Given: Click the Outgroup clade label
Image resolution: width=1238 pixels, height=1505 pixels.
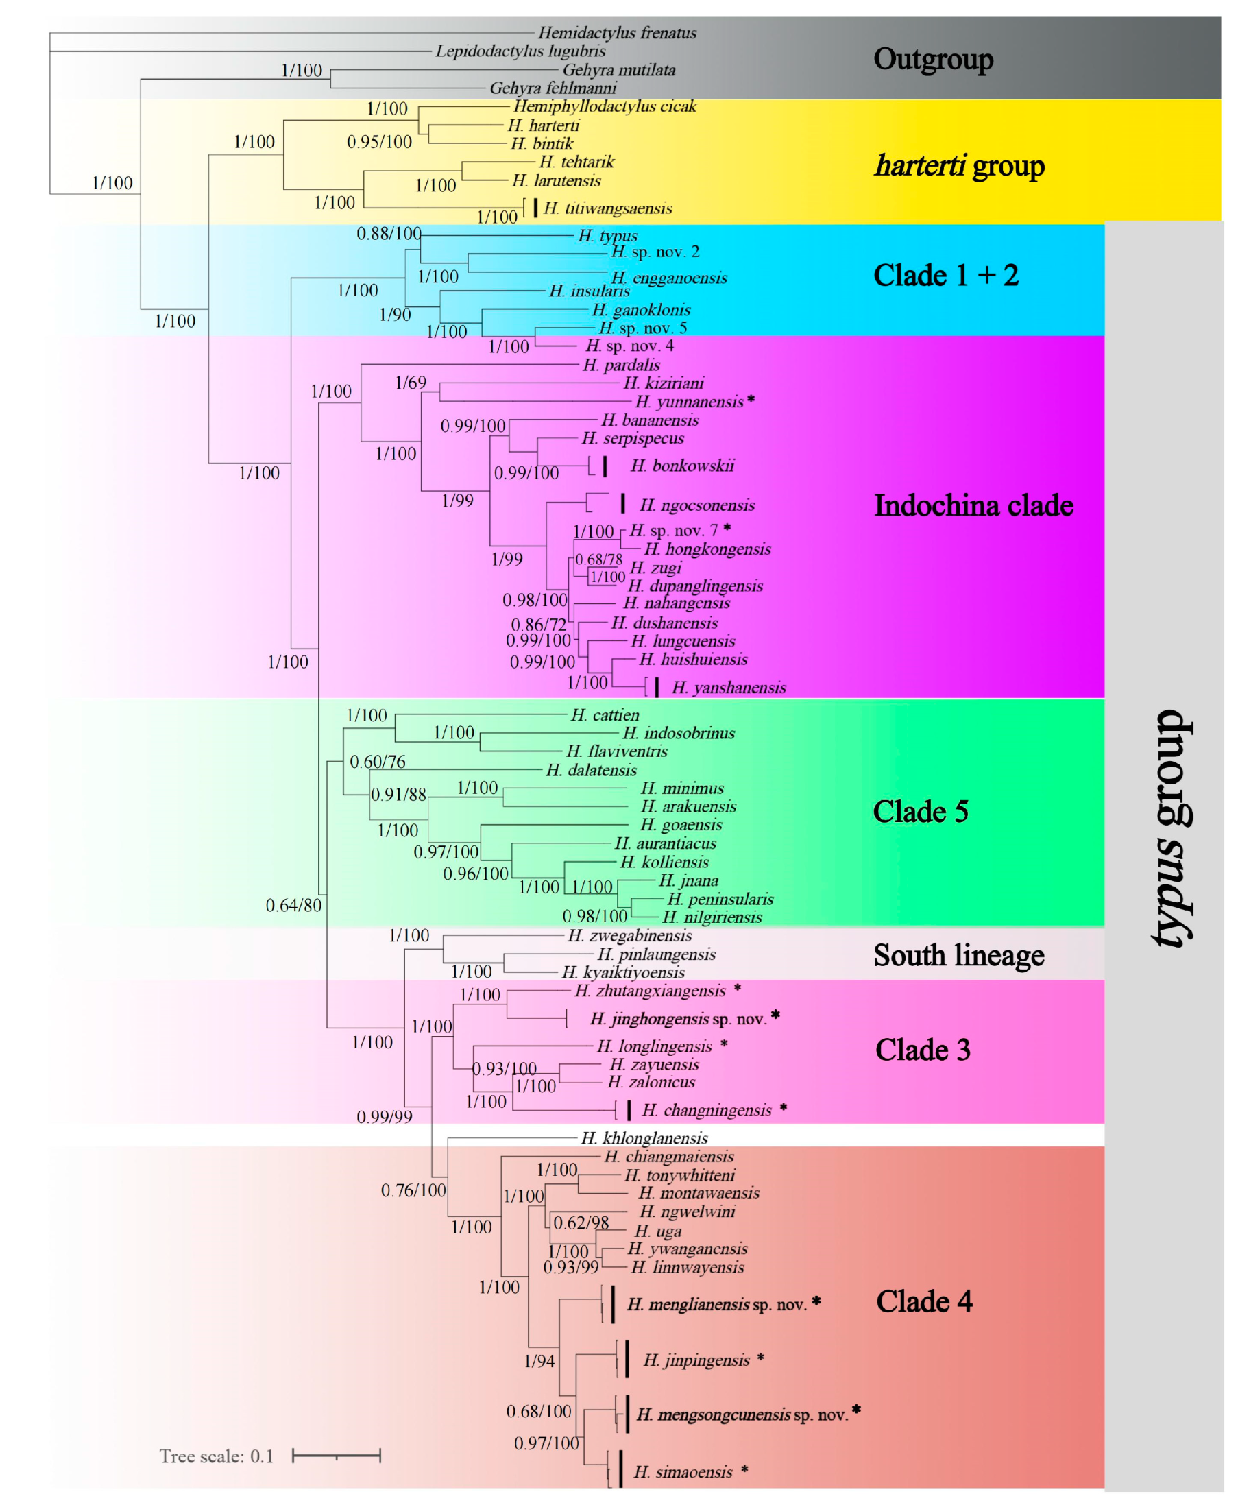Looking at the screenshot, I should (x=933, y=59).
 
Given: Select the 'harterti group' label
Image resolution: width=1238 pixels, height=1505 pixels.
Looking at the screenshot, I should (x=959, y=165).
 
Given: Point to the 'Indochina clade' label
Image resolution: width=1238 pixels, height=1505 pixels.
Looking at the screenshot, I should (x=973, y=506).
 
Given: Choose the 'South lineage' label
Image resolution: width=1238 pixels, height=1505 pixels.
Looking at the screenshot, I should (x=958, y=955).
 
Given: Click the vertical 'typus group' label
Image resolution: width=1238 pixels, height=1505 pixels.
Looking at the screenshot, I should (x=1173, y=828).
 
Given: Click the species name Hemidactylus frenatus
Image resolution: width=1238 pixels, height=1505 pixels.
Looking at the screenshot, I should (x=617, y=33).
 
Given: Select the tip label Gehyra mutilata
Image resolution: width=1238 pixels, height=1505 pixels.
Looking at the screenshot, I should (x=618, y=70).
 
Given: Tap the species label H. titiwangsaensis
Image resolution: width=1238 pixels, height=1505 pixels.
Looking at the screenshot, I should (x=607, y=208).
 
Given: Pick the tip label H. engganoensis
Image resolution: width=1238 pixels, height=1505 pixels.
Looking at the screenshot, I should (x=669, y=278).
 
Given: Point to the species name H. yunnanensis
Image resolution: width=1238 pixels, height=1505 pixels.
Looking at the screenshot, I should (x=689, y=402).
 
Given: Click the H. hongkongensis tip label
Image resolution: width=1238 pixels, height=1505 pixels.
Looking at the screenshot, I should (x=707, y=549).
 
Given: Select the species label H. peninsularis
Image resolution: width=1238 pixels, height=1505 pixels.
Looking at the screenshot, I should (x=720, y=900).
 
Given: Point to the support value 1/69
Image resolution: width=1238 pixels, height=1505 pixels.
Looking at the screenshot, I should (x=410, y=383).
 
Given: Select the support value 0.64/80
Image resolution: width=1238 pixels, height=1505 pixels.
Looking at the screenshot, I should (x=293, y=905).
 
